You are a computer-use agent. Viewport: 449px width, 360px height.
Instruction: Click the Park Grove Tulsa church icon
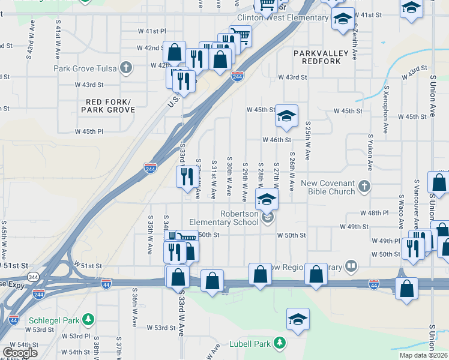(x=126, y=67)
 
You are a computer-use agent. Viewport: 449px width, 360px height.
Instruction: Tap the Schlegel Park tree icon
(x=88, y=319)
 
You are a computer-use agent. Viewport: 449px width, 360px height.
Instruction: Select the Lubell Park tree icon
(x=279, y=343)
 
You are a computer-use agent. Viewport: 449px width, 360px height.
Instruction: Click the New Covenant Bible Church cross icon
(x=363, y=187)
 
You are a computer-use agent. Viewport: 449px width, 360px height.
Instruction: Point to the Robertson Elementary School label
(x=224, y=218)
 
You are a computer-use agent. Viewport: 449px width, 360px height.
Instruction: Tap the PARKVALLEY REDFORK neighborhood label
(x=321, y=58)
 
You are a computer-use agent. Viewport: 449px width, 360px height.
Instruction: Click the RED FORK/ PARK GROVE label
(x=108, y=106)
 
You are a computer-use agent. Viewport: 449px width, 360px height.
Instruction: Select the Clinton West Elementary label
(x=283, y=18)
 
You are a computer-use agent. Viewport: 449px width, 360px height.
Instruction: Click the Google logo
(x=20, y=352)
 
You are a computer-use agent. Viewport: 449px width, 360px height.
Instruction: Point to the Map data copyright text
(x=424, y=355)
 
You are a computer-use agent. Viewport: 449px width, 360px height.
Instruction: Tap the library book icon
(x=352, y=265)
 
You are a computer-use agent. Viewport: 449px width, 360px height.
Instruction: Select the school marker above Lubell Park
(x=297, y=320)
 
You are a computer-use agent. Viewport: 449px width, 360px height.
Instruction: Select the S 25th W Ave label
(x=307, y=143)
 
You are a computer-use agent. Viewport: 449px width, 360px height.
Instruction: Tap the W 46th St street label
(x=276, y=140)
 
